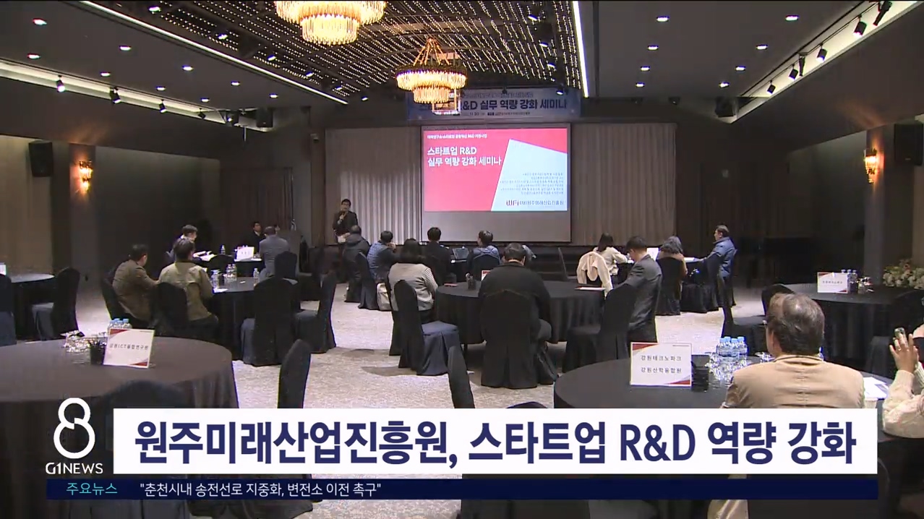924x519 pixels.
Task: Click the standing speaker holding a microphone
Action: [x=345, y=220]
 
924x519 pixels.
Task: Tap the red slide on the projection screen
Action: [x=495, y=170]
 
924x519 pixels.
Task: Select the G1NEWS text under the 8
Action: [x=74, y=468]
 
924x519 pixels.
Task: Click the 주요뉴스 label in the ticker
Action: [x=92, y=489]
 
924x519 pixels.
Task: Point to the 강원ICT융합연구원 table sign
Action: [x=129, y=348]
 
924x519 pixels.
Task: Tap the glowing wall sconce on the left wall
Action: [x=85, y=173]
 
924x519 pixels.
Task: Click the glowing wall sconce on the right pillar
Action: [x=870, y=163]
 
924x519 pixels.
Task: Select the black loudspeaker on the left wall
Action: [x=40, y=158]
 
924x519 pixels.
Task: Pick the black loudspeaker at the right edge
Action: [x=907, y=143]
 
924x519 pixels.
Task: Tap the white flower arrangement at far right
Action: [x=904, y=275]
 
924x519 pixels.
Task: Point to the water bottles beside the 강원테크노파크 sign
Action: [x=730, y=352]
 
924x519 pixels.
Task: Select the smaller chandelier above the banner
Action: [x=432, y=76]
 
